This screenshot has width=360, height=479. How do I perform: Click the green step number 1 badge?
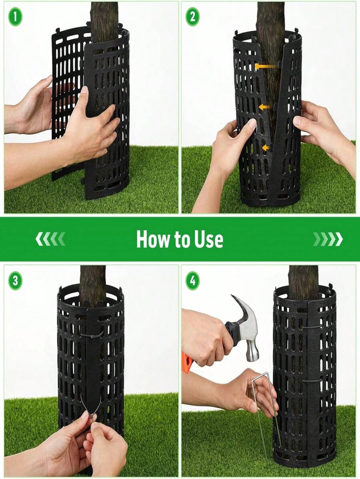click(x=15, y=16)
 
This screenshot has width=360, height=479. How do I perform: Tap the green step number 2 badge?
click(x=192, y=16)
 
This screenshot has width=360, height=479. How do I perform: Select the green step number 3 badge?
click(x=15, y=281)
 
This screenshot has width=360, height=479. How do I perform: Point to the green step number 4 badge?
click(x=192, y=281)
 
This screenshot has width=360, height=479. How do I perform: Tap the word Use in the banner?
click(x=208, y=239)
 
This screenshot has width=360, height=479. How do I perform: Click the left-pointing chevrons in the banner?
click(x=50, y=239)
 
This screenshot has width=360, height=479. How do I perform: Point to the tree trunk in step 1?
click(x=104, y=16)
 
